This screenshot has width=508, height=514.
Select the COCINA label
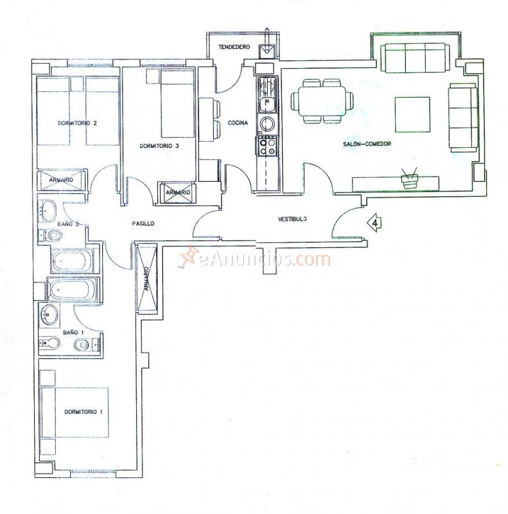point(238,123)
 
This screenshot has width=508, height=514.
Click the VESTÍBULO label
point(292,219)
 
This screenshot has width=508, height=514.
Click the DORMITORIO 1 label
point(83,411)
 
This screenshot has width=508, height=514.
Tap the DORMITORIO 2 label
point(77,123)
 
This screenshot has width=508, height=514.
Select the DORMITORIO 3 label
point(159,146)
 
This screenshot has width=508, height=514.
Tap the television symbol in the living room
point(408,179)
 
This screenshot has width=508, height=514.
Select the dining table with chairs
point(322,101)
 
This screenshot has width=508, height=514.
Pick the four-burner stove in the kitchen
point(267,146)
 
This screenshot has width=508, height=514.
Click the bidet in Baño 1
point(82,346)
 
